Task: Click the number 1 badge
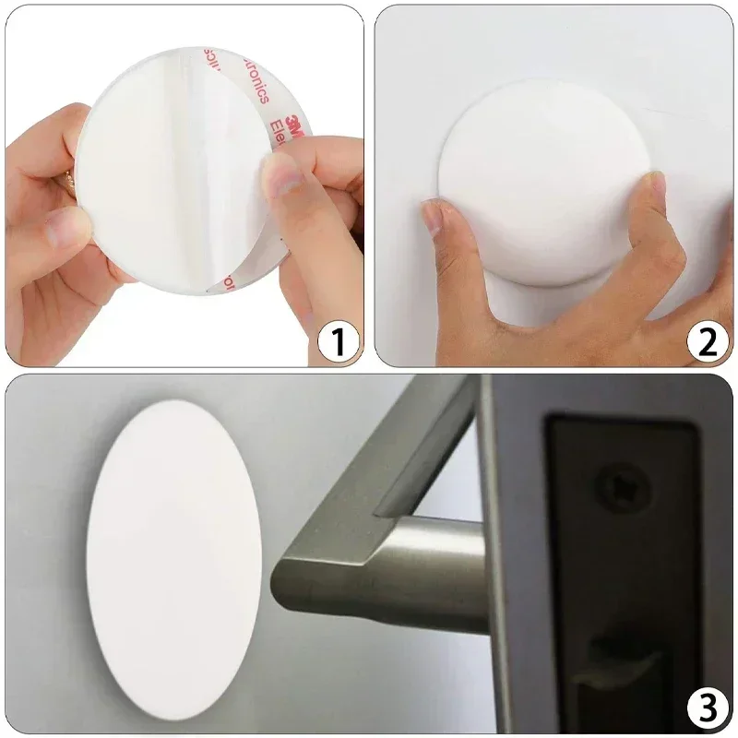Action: [x=337, y=342]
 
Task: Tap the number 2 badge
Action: [x=706, y=342]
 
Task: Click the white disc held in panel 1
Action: [x=157, y=175]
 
